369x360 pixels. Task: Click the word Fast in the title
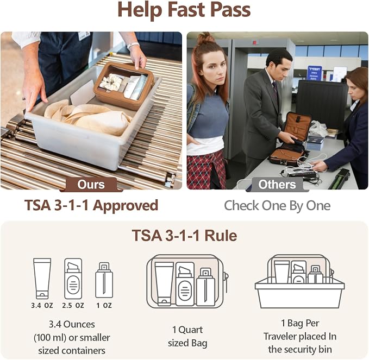(186, 9)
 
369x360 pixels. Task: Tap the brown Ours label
(91, 185)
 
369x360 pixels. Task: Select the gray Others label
(277, 185)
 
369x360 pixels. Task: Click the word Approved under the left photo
(126, 205)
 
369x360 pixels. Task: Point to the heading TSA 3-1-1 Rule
(185, 235)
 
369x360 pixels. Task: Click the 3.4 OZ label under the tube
(42, 306)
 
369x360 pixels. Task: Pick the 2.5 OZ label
(73, 306)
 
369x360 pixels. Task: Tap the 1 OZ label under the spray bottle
(104, 306)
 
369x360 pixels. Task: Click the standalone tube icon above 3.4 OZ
(42, 279)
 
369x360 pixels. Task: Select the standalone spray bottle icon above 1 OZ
(104, 280)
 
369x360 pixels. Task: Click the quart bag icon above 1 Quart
(187, 281)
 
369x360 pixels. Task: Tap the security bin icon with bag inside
(299, 281)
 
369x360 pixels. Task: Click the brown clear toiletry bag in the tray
(124, 86)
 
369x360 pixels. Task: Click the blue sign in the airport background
(315, 73)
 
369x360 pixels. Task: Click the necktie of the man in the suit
(276, 90)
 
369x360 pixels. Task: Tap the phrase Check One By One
(277, 205)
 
